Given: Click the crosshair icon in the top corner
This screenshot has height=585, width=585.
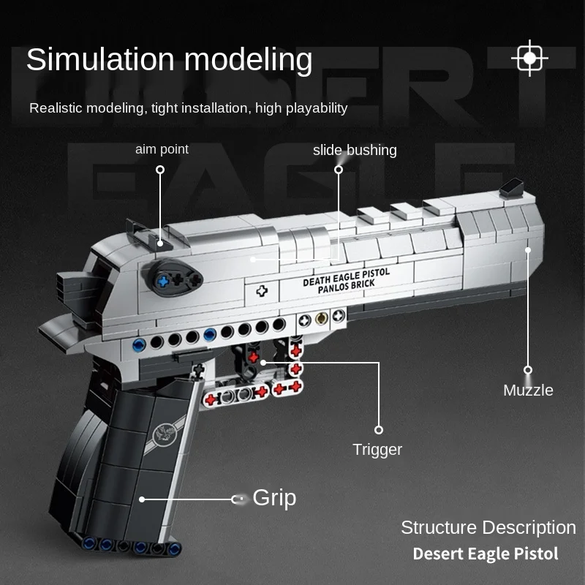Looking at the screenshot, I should [530, 58].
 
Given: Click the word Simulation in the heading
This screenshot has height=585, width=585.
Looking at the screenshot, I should [99, 59].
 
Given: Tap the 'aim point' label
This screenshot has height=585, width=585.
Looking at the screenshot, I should [162, 149].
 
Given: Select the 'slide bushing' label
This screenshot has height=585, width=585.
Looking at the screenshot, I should [355, 150].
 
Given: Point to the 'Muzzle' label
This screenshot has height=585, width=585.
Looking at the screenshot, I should [528, 390].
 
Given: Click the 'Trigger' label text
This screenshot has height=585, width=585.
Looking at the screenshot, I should [377, 450].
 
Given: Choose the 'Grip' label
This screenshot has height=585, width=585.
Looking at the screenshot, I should [274, 498].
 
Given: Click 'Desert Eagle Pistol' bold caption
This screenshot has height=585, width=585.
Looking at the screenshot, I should [486, 554].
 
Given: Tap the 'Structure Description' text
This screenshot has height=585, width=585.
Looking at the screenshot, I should [488, 527].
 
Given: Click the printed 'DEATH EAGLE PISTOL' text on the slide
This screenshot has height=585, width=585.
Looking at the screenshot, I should [347, 277].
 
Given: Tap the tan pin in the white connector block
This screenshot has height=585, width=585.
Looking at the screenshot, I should [320, 319].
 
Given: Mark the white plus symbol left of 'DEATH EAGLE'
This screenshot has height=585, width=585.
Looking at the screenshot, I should [261, 290].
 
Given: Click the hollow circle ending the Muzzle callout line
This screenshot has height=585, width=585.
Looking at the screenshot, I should [528, 370].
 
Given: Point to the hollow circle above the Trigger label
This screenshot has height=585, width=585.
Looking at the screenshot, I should [379, 430].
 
